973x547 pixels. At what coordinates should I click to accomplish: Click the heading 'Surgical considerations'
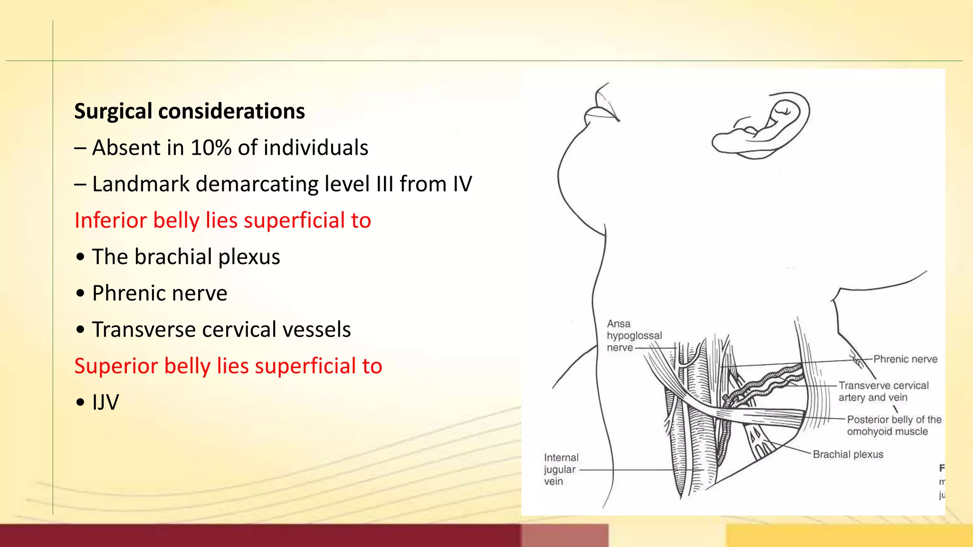[x=189, y=111]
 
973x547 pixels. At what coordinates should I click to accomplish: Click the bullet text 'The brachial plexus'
[x=186, y=257]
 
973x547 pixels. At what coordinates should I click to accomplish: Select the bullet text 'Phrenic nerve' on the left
[x=160, y=293]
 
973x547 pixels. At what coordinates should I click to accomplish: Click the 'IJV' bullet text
[x=105, y=403]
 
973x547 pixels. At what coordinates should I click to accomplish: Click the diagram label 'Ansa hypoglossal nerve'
[x=634, y=335]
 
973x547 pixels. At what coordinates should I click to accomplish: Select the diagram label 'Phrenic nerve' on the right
[x=905, y=359]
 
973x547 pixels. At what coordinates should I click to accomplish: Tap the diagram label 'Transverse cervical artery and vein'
[x=883, y=391]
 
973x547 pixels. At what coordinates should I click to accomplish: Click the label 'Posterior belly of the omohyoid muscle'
[x=893, y=425]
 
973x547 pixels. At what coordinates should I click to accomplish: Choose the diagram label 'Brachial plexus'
[x=848, y=454]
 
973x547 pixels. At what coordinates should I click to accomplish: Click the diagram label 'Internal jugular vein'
[x=561, y=469]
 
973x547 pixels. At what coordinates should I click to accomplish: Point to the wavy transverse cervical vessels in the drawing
[x=765, y=382]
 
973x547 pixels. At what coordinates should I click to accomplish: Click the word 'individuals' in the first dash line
[x=315, y=148]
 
